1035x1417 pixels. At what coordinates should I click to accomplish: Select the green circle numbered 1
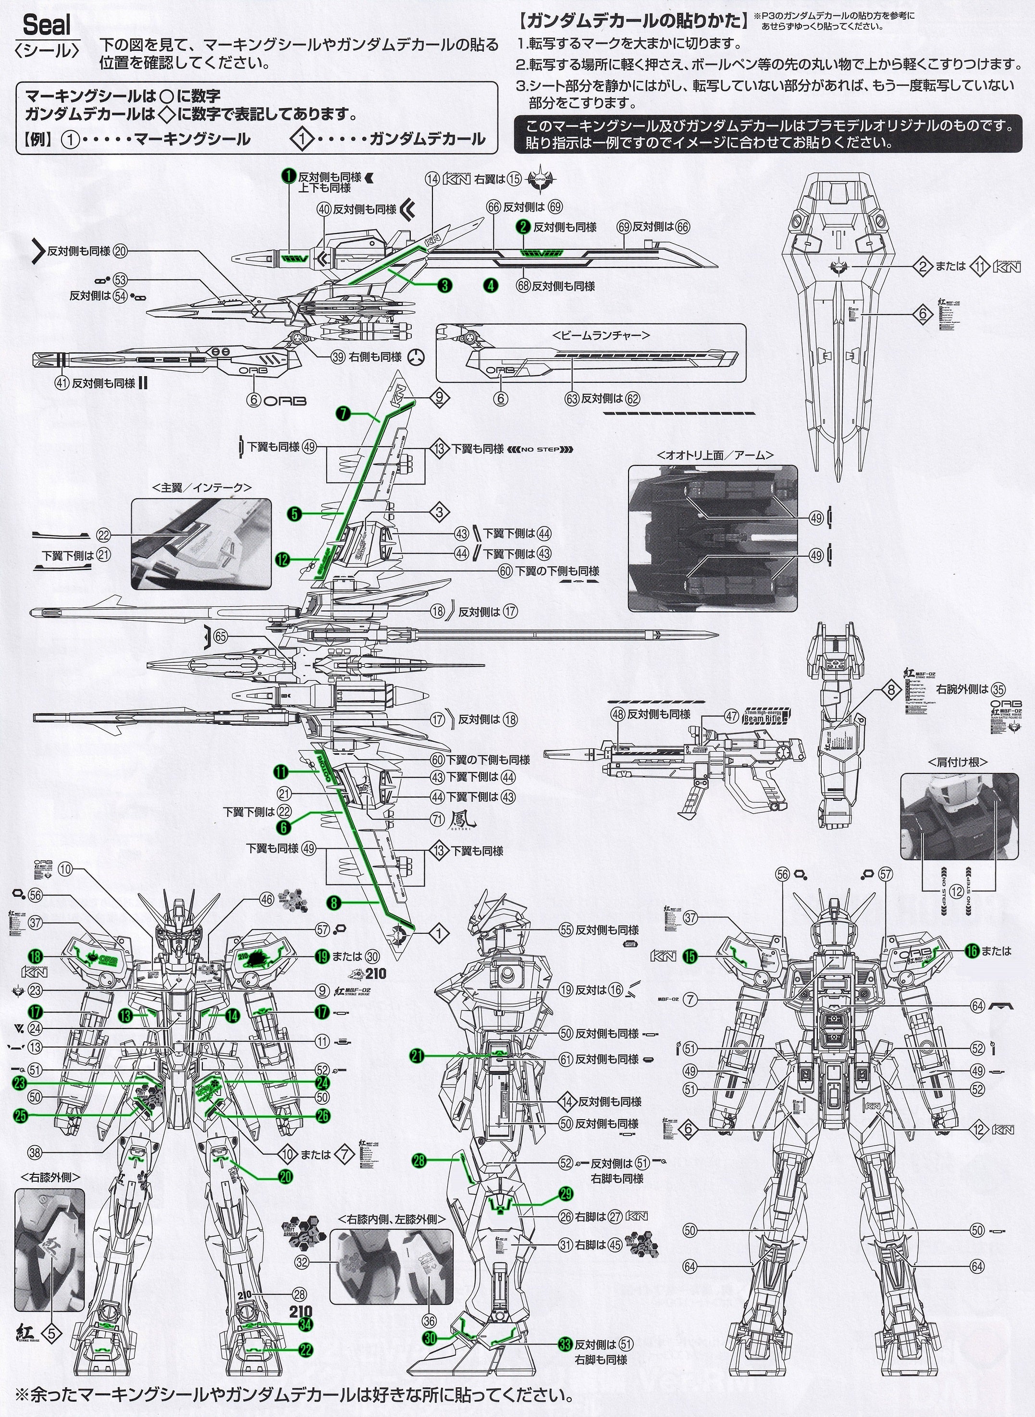coord(288,178)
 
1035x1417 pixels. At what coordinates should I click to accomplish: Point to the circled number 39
coord(338,357)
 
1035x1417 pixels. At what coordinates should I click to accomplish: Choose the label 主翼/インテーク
coord(202,487)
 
